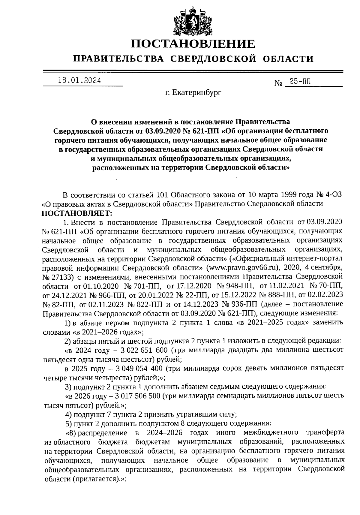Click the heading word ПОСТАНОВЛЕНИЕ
coord(193,44)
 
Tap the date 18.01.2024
coord(79,80)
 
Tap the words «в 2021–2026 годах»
coord(106,332)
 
